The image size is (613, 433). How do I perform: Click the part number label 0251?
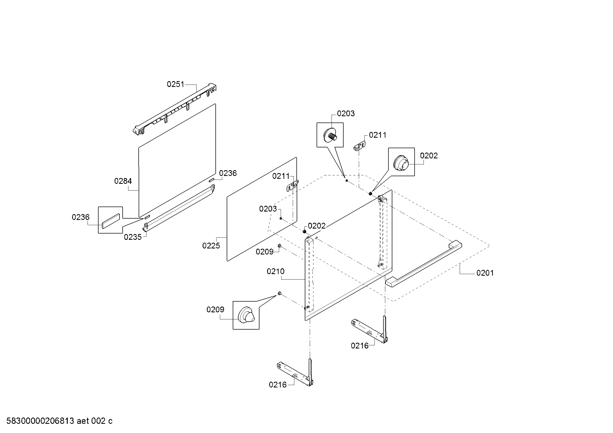(175, 84)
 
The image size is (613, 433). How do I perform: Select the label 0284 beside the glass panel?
(123, 181)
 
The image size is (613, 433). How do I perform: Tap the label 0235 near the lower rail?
(133, 237)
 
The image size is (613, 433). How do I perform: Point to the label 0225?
(211, 246)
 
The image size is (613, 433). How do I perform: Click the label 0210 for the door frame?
(275, 271)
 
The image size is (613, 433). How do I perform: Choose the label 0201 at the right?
(485, 273)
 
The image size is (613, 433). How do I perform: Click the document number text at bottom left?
(59, 421)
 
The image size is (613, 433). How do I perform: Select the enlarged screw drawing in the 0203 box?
(330, 135)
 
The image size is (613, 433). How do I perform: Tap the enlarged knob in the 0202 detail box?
(401, 162)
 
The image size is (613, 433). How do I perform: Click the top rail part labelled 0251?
(175, 109)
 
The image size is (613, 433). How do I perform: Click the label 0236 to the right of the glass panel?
(228, 173)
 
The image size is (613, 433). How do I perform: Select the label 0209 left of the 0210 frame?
(264, 252)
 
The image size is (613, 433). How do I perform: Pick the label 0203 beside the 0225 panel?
(268, 209)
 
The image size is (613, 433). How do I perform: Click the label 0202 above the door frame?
(317, 226)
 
